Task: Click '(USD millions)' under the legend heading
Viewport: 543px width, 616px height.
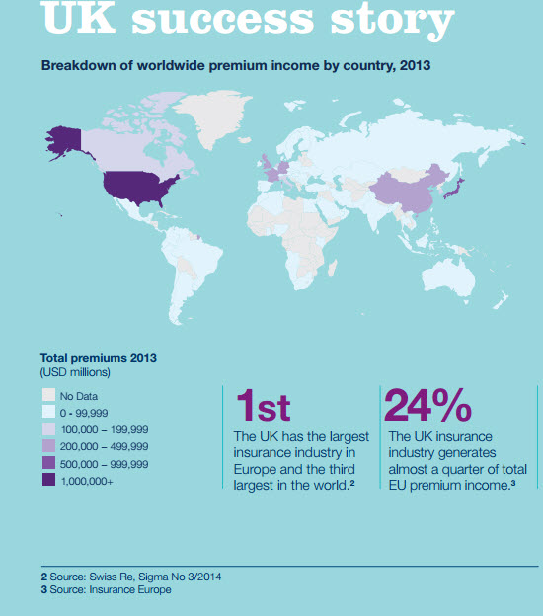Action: [75, 372]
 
